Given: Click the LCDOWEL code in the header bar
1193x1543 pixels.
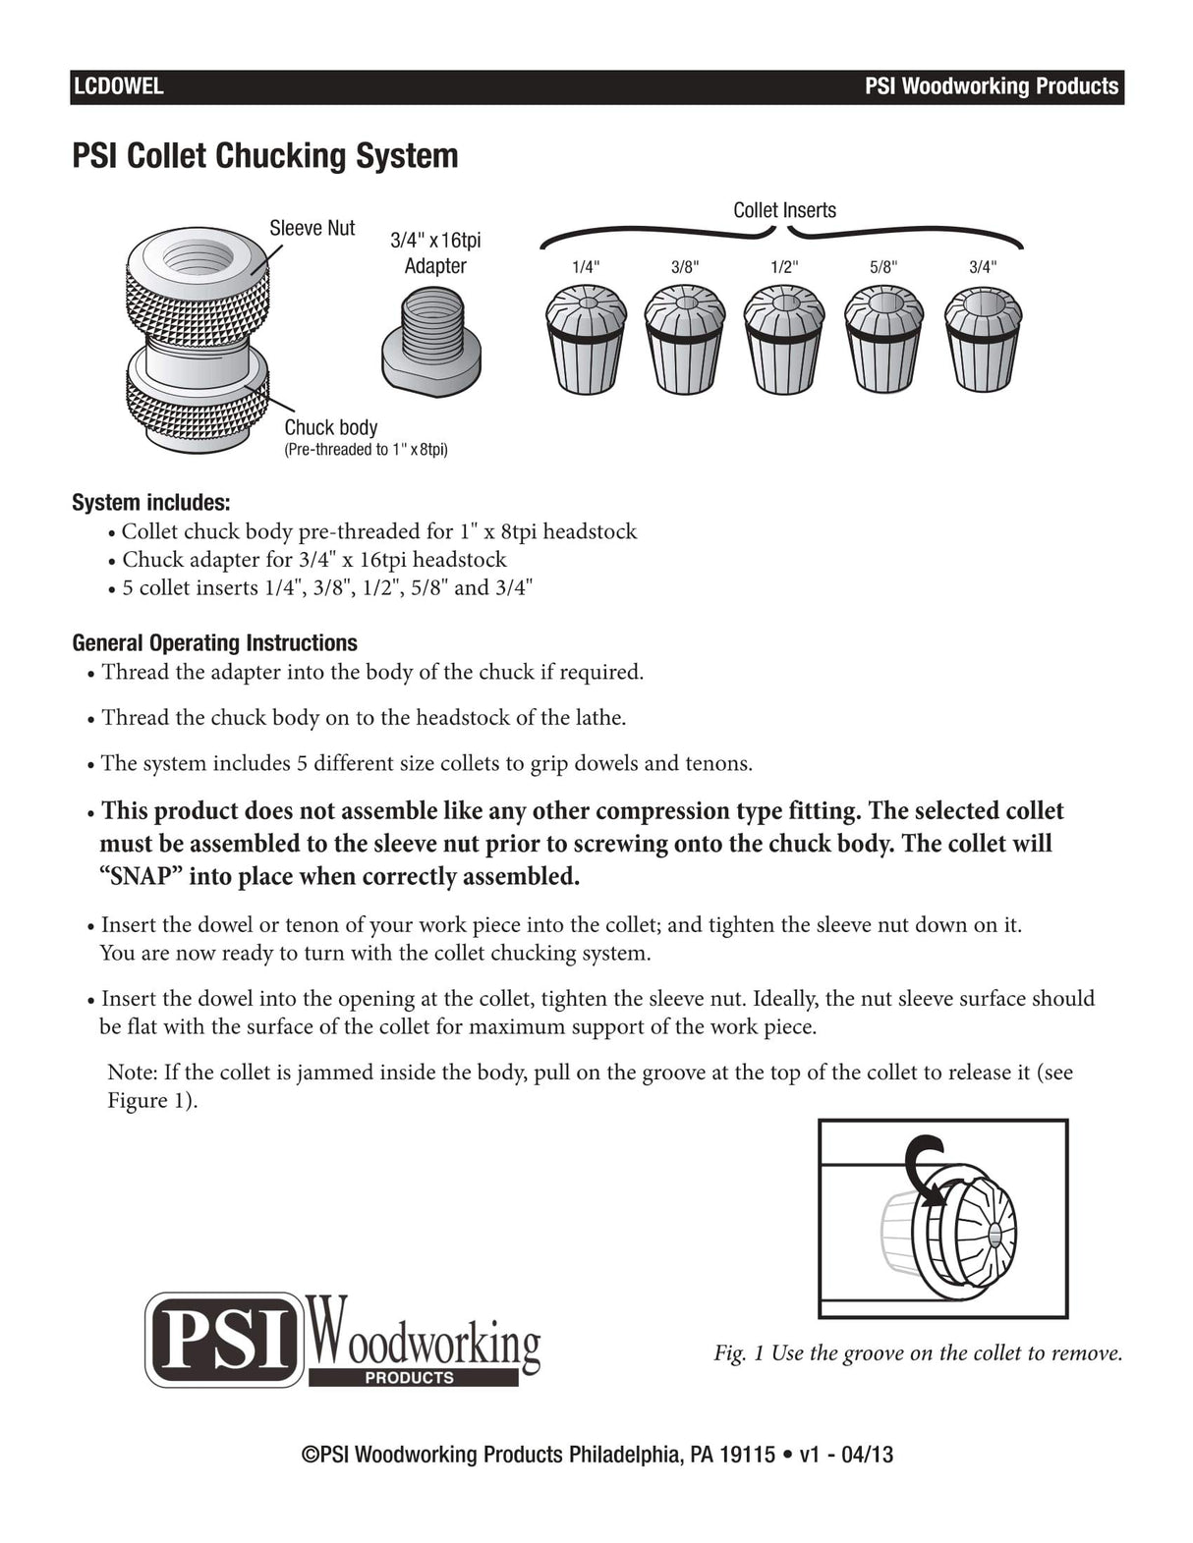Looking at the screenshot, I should tap(118, 86).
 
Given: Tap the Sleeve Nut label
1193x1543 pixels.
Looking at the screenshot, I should tap(312, 228).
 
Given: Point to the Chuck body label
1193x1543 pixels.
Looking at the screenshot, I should tap(330, 427).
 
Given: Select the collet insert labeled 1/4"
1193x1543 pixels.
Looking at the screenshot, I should tap(586, 338).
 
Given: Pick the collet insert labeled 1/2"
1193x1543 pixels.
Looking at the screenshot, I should tap(783, 338).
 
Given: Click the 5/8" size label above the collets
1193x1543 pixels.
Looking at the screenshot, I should tap(882, 267).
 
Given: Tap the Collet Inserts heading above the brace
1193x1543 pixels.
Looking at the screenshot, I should tap(784, 210).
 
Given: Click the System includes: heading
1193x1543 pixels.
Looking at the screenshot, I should tap(150, 503).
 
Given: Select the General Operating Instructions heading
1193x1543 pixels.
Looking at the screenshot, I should tap(214, 643).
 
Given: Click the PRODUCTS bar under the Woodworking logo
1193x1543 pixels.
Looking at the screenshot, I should tap(412, 1378).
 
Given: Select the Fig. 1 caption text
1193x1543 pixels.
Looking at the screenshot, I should tap(917, 1353).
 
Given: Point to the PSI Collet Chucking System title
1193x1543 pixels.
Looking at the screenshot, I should tap(265, 156).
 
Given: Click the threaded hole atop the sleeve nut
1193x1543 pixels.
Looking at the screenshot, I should tap(199, 258).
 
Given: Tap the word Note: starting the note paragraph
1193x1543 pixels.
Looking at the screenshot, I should tap(133, 1073).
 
